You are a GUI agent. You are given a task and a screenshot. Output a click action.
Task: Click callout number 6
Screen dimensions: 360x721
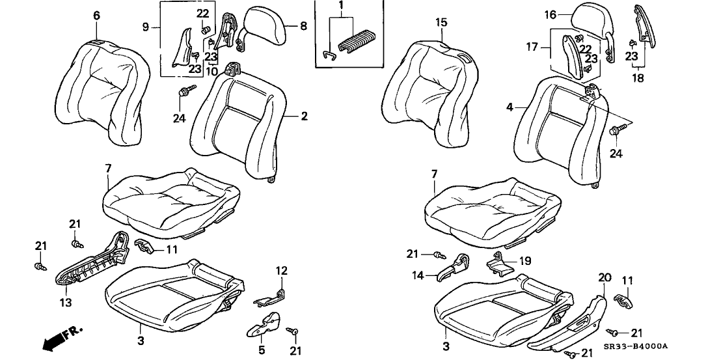[97, 16]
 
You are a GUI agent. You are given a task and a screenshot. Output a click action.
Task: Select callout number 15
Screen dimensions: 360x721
[441, 23]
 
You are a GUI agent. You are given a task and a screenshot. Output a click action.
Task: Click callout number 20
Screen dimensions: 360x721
[605, 277]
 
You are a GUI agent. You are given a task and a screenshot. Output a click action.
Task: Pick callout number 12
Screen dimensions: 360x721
[282, 270]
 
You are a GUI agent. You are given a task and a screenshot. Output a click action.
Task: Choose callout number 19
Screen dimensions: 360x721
[524, 260]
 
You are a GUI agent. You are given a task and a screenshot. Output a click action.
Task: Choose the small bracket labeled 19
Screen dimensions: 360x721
[501, 265]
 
